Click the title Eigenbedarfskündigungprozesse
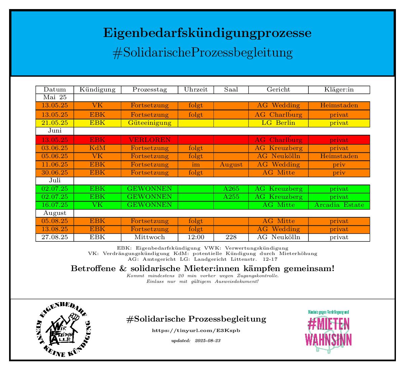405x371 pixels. (207, 33)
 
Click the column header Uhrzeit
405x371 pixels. (196, 89)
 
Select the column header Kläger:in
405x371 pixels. (339, 89)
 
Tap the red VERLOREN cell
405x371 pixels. (149, 140)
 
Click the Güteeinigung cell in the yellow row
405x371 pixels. (149, 123)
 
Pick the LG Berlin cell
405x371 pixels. (278, 123)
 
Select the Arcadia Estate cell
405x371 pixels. (339, 205)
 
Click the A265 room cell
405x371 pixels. (231, 189)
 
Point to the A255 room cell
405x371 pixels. (231, 197)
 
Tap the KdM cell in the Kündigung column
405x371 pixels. (97, 148)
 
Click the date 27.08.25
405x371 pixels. (55, 237)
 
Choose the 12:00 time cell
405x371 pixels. (196, 237)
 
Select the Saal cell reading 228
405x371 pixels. (231, 237)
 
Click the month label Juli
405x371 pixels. (55, 181)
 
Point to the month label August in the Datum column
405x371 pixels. (55, 213)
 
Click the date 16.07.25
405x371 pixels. (55, 205)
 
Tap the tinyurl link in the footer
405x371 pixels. (196, 331)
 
